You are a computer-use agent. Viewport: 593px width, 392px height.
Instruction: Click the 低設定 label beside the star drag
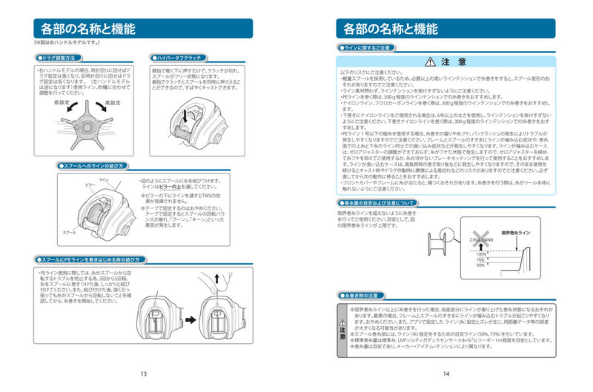click(x=62, y=103)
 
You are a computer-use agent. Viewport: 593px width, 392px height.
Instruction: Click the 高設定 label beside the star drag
click(x=113, y=103)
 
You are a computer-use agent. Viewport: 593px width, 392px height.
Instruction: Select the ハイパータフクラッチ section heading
click(x=179, y=57)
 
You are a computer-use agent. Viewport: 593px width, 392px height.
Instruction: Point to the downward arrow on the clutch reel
click(x=185, y=115)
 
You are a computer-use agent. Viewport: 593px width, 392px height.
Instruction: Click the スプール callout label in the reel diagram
click(x=69, y=233)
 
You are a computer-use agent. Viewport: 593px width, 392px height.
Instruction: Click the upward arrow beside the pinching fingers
click(x=216, y=278)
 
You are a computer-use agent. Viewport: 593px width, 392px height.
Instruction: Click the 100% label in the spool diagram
click(x=481, y=253)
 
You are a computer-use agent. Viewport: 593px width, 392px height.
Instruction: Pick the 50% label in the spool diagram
click(x=481, y=265)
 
